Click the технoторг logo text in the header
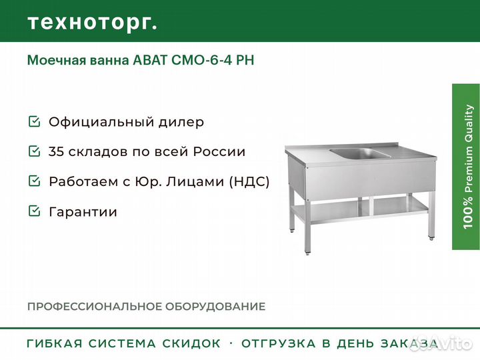93,23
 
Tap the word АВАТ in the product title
150,60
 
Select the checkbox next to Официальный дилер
34,121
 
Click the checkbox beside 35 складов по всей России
34,151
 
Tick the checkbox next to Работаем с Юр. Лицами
34,181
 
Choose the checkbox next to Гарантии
34,211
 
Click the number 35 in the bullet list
56,151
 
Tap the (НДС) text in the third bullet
249,181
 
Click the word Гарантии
83,212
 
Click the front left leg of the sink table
308,227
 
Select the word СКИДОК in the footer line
191,343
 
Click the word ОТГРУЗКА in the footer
279,343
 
